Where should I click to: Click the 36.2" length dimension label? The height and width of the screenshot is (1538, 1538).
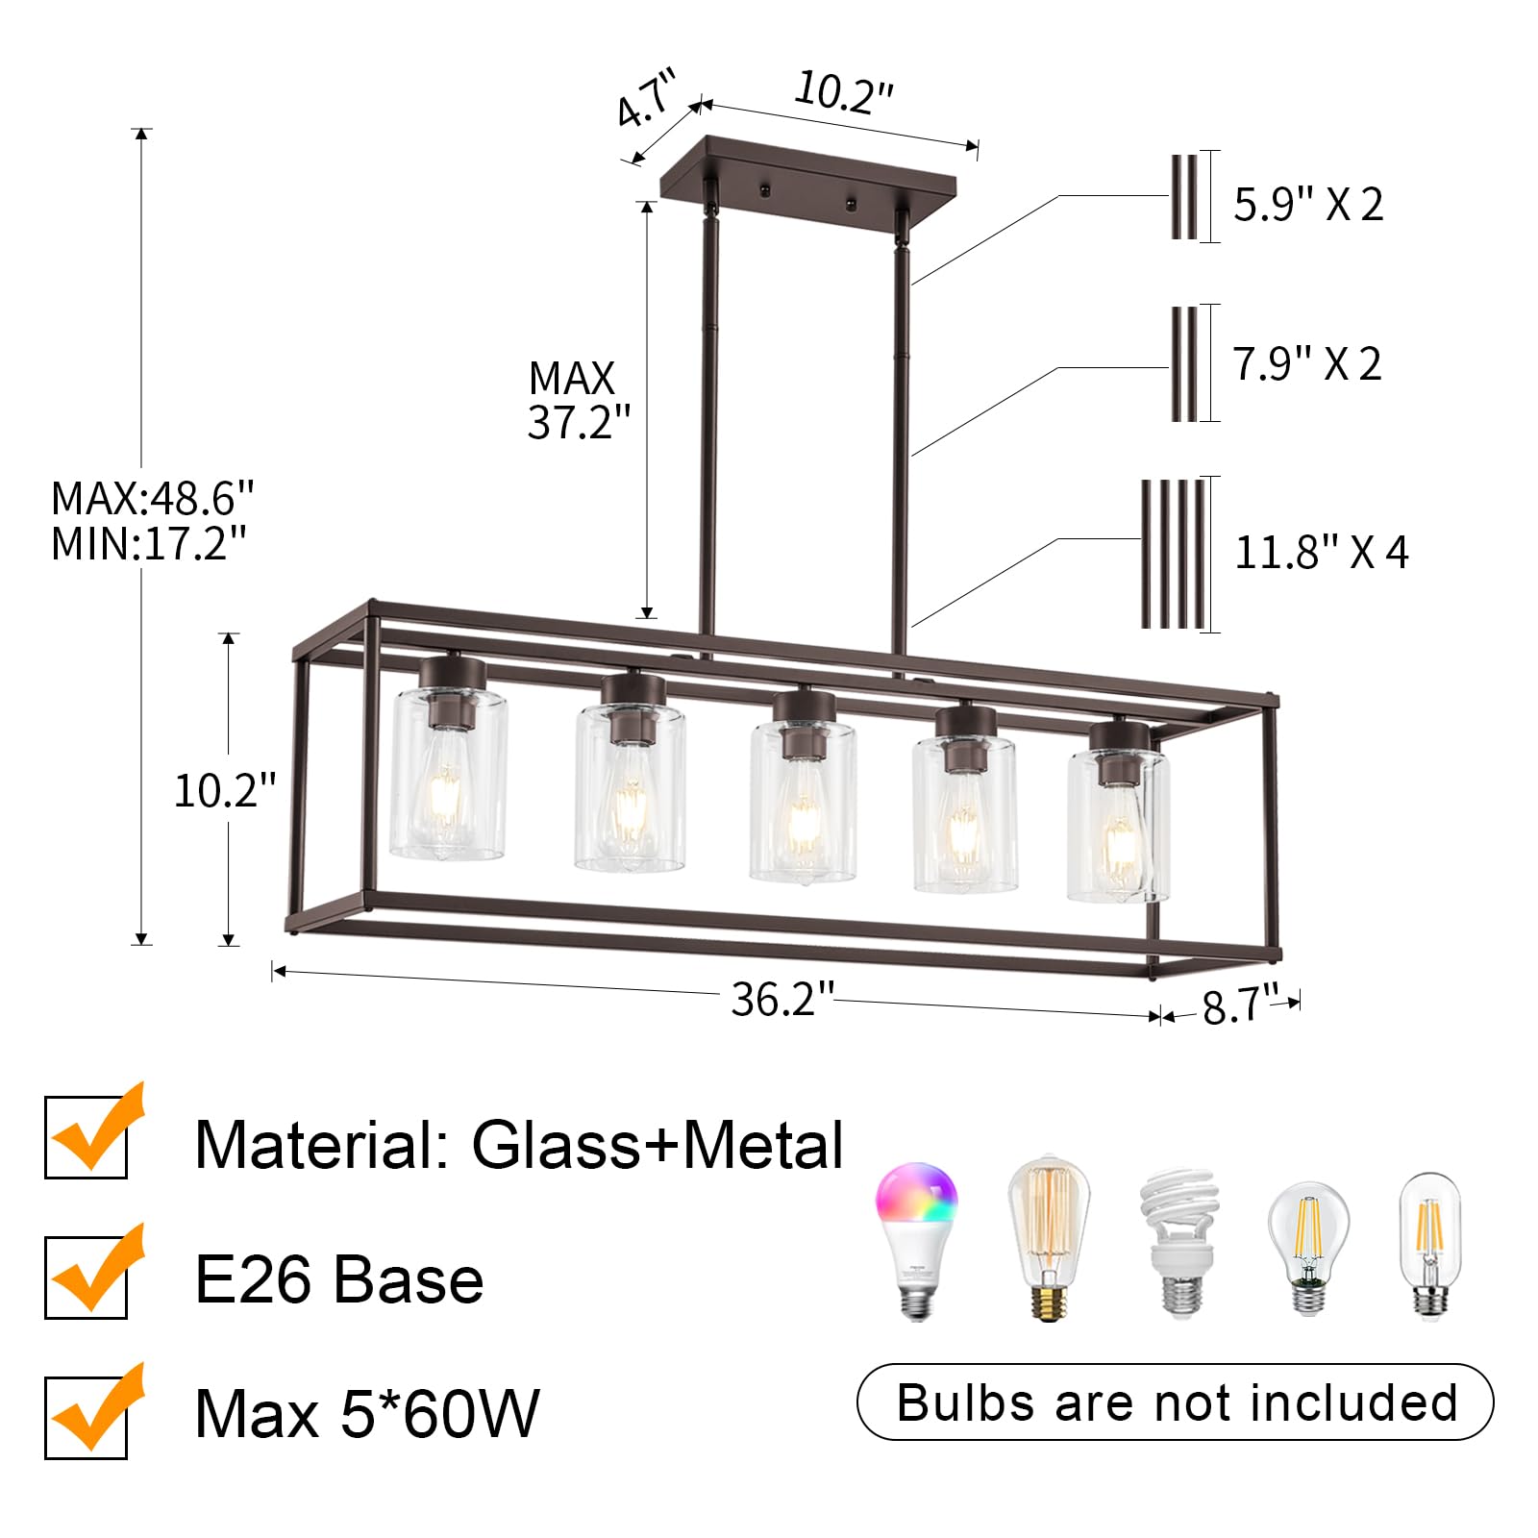pyautogui.click(x=781, y=1000)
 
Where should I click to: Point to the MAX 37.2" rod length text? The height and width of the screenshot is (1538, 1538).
pyautogui.click(x=578, y=400)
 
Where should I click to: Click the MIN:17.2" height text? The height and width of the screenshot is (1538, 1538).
pyautogui.click(x=149, y=544)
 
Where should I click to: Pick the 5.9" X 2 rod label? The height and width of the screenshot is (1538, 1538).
pyautogui.click(x=1307, y=205)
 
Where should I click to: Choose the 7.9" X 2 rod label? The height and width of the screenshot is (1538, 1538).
pyautogui.click(x=1306, y=364)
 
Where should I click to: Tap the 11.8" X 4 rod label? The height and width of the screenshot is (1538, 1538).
pyautogui.click(x=1321, y=553)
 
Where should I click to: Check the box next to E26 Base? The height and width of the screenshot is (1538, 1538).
pyautogui.click(x=87, y=1278)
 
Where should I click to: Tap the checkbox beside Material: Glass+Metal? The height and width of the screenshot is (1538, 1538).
pyautogui.click(x=87, y=1138)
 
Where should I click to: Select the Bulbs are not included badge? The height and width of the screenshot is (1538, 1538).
pyautogui.click(x=1175, y=1402)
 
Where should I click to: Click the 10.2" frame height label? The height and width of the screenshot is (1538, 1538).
pyautogui.click(x=224, y=791)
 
